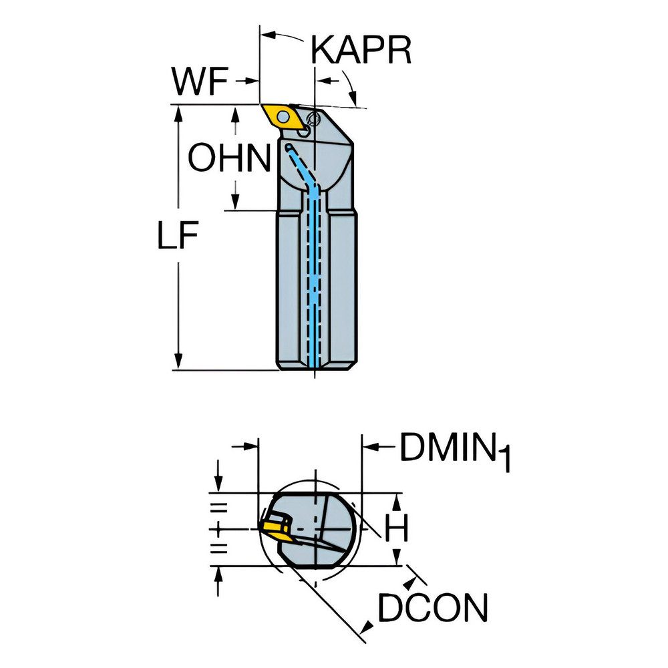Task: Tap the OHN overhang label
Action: click(229, 159)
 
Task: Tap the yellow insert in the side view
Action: click(280, 116)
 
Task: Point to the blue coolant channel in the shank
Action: click(314, 281)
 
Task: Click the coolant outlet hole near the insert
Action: click(289, 146)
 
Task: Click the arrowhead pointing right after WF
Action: click(253, 81)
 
